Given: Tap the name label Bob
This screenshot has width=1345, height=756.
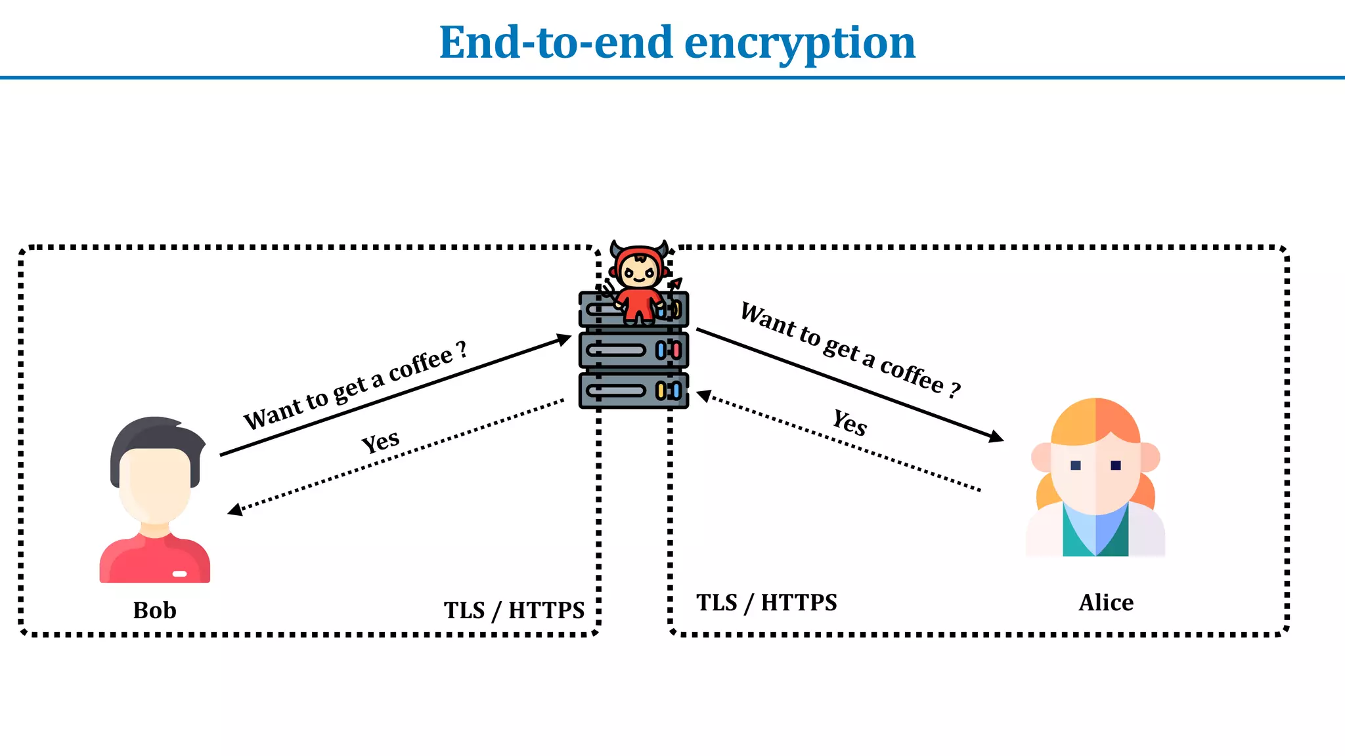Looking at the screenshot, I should point(154,610).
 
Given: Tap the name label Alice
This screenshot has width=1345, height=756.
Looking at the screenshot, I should point(1106,602).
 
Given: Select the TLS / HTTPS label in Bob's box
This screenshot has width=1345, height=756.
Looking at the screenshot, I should point(514,610).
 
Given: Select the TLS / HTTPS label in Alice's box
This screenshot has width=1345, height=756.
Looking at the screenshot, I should point(766,602).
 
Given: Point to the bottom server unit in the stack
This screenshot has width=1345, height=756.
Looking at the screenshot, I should point(633,391).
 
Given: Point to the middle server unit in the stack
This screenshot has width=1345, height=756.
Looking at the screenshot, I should point(633,350).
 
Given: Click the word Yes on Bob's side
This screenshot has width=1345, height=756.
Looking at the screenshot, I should point(380,442).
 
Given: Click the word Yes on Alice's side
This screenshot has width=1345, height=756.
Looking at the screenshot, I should point(850,423).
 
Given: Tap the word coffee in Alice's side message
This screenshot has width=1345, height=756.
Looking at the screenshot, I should point(912,376).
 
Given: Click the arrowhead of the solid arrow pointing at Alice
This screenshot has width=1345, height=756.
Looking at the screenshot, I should point(996,436).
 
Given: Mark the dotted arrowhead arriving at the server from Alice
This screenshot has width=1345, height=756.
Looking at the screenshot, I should point(703,396).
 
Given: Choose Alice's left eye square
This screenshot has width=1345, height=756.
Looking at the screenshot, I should point(1075,465).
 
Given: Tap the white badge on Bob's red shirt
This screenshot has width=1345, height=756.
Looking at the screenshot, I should point(179,574).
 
